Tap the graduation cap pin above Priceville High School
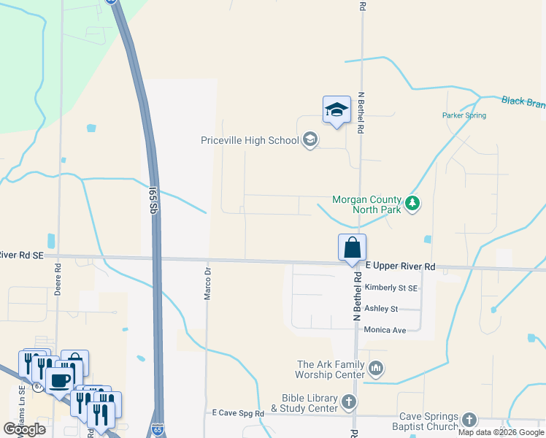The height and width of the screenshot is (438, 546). pyautogui.click(x=336, y=110)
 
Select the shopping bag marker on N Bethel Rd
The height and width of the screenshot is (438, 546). pyautogui.click(x=352, y=247)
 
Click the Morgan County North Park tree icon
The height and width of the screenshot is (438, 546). pyautogui.click(x=413, y=203)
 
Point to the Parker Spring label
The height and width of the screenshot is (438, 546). pyautogui.click(x=464, y=115)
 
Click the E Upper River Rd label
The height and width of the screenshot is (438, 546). pyautogui.click(x=400, y=266)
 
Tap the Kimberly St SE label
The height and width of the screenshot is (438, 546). pyautogui.click(x=391, y=288)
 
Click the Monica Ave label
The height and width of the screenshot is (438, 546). pyautogui.click(x=385, y=330)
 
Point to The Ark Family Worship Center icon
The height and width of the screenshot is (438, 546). pyautogui.click(x=376, y=367)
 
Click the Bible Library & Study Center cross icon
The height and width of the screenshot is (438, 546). pyautogui.click(x=350, y=401)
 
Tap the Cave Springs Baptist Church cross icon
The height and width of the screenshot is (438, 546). pyautogui.click(x=469, y=420)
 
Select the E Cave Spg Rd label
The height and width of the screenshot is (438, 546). pyautogui.click(x=237, y=413)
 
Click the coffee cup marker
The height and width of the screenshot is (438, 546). pyautogui.click(x=59, y=380)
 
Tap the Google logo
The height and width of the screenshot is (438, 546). pyautogui.click(x=24, y=429)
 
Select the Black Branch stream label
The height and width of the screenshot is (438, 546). pyautogui.click(x=523, y=102)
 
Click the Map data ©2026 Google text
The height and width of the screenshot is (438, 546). pyautogui.click(x=501, y=432)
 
